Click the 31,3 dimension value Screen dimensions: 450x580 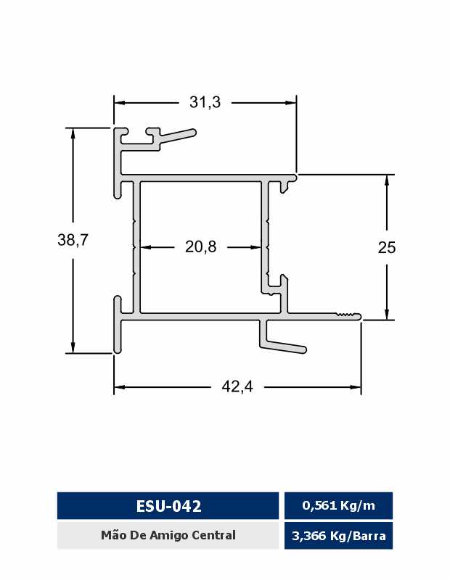[205, 102]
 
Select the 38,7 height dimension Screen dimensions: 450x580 [73, 240]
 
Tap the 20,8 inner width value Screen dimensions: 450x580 [201, 246]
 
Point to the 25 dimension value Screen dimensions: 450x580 [387, 247]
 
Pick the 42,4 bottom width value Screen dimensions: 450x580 [237, 386]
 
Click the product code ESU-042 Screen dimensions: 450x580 [168, 505]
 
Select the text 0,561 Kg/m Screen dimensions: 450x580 [338, 505]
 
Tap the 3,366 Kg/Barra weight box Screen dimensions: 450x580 [338, 536]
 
